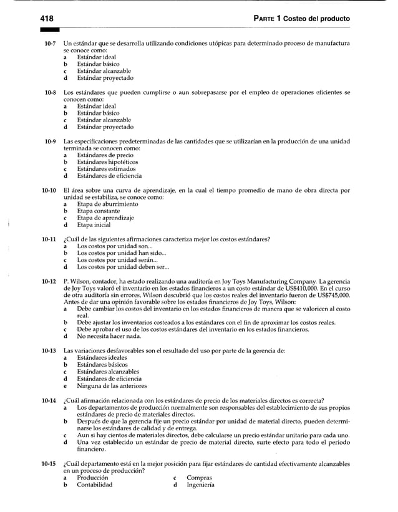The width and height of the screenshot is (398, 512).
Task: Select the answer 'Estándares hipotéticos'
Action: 107,162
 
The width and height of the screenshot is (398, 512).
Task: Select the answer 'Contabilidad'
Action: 95,485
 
